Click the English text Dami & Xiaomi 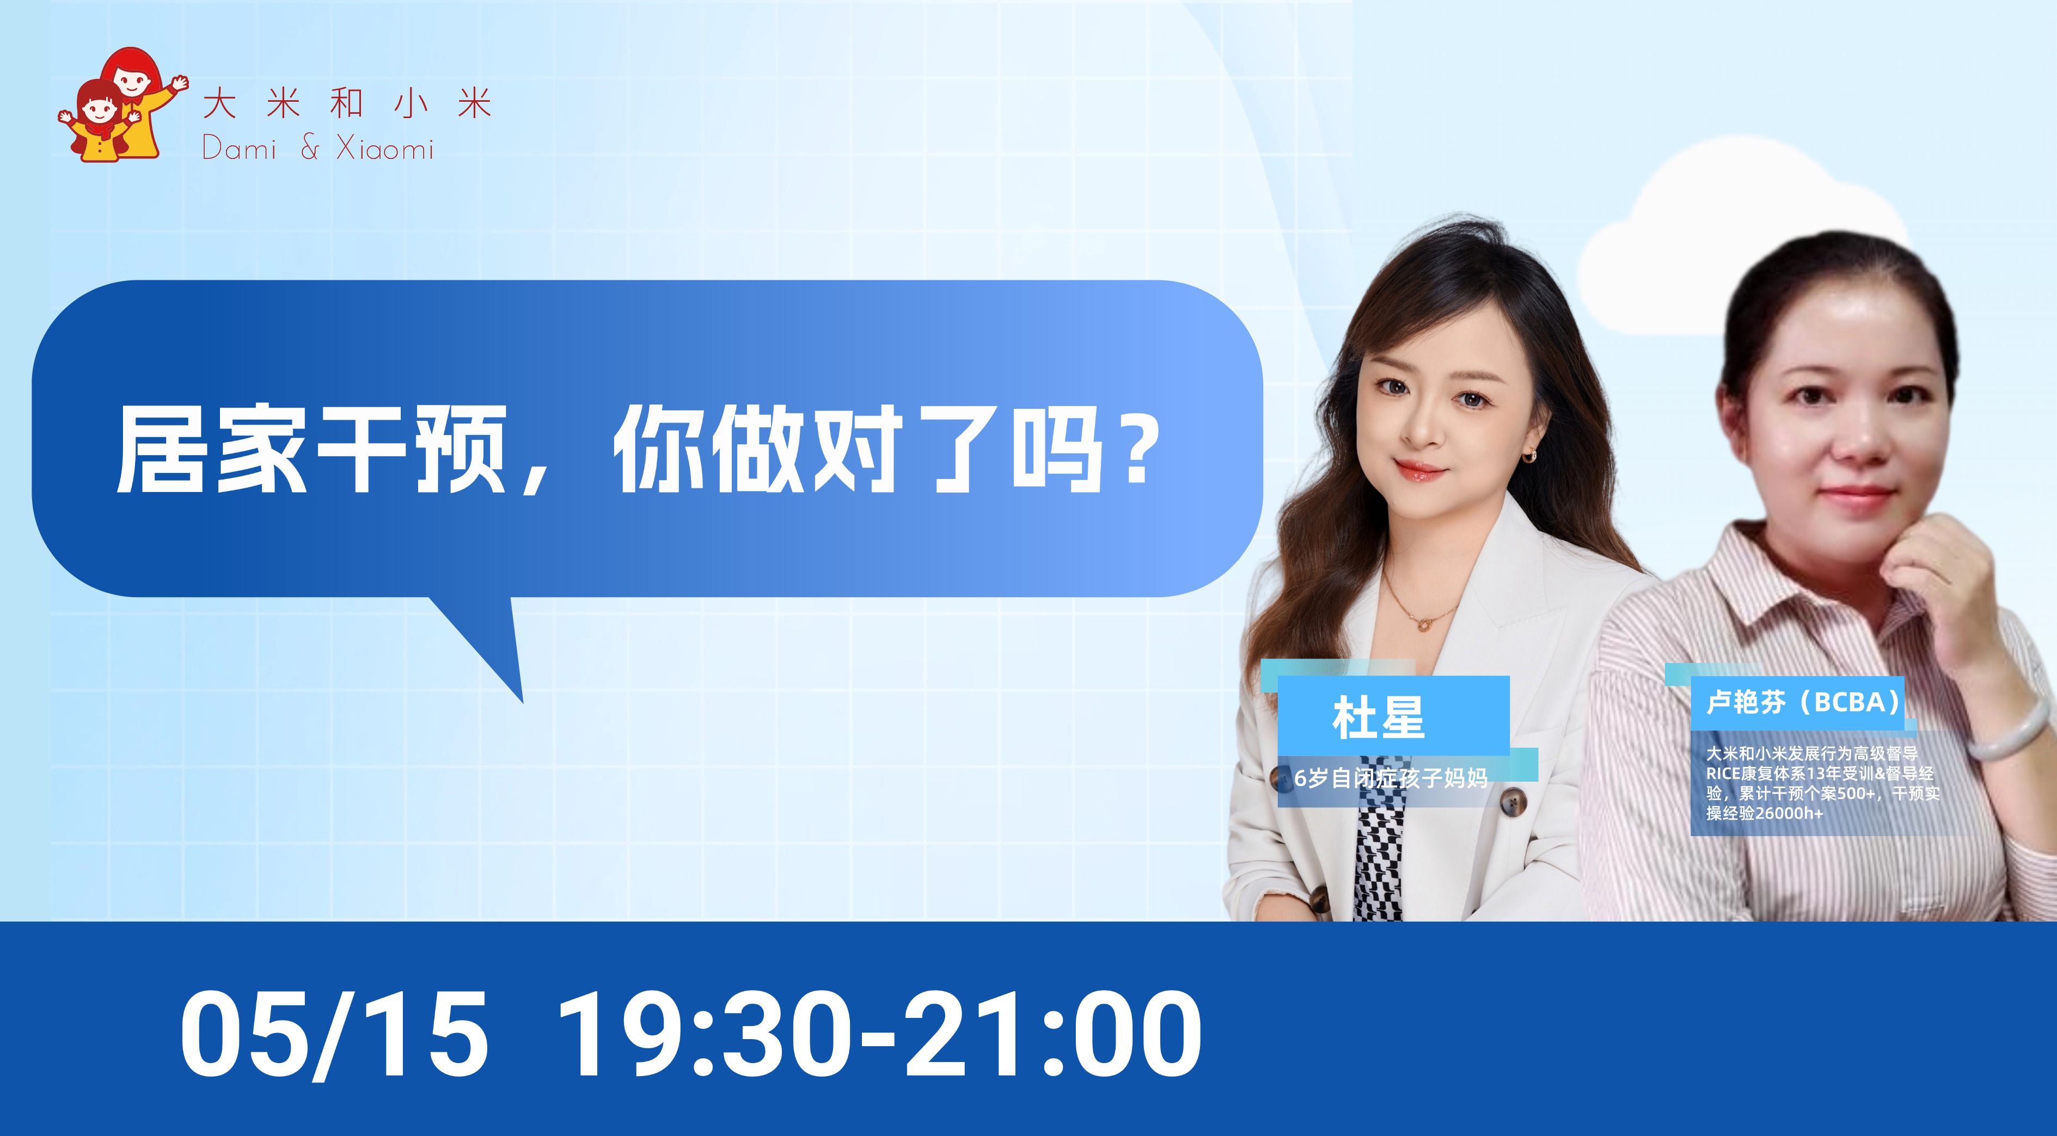coord(318,149)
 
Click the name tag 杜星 coord(1378,717)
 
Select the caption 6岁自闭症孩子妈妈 coord(1391,777)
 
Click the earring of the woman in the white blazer coord(1530,456)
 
